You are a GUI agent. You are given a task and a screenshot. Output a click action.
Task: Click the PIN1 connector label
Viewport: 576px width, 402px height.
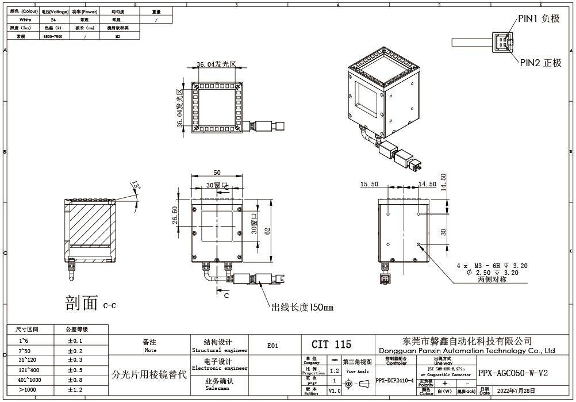point(539,18)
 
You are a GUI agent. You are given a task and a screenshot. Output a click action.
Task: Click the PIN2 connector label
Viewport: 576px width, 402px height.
point(540,63)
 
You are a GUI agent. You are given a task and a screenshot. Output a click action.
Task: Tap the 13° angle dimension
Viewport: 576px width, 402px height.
point(136,186)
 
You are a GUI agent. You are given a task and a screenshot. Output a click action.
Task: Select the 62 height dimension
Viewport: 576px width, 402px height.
point(267,231)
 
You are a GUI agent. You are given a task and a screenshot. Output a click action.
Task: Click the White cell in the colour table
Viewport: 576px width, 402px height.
point(25,19)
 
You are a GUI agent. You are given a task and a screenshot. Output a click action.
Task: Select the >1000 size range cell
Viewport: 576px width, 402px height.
point(28,390)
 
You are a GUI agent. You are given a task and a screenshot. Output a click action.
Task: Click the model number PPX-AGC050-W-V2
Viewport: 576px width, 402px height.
point(513,373)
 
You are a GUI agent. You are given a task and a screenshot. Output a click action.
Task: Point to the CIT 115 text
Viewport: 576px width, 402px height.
point(331,344)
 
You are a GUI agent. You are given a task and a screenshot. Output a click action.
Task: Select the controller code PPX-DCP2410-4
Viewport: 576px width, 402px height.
point(394,381)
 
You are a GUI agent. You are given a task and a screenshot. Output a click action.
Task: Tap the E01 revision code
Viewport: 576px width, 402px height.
point(272,346)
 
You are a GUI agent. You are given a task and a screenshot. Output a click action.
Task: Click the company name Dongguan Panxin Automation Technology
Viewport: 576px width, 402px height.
point(467,350)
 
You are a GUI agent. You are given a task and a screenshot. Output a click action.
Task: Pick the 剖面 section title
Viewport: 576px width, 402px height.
point(82,303)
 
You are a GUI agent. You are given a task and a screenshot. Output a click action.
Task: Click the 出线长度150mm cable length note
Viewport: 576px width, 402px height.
point(302,308)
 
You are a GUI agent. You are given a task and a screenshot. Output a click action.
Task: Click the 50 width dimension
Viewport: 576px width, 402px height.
point(217,173)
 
